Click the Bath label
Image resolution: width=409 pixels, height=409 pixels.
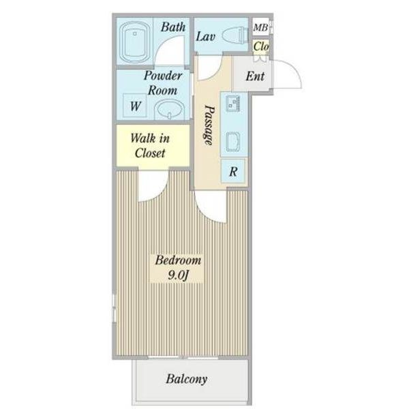pos(173,27)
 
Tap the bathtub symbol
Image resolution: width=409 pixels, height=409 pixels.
pos(134,42)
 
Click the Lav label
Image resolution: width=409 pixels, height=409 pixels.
pos(206,37)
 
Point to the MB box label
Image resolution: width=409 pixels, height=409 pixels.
pos(260,28)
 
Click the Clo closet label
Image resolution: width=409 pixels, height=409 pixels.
pos(261,46)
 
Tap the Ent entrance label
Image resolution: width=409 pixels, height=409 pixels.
pos(255,76)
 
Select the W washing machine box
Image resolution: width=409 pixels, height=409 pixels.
pos(135,106)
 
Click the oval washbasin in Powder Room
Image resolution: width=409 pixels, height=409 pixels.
pos(169,110)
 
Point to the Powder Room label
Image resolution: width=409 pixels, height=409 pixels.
pos(163,83)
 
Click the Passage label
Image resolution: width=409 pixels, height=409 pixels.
pos(209,125)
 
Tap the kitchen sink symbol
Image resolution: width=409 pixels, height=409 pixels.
pos(233,102)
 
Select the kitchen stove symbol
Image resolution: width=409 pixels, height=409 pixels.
pos(233,142)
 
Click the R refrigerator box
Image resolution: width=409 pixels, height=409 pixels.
pos(233,171)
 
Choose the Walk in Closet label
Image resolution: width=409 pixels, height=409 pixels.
pos(150,146)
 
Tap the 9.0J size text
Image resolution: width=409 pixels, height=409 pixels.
pos(178,275)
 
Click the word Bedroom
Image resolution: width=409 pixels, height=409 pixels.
pos(178,260)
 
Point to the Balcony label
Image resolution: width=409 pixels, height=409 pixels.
pos(187,379)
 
